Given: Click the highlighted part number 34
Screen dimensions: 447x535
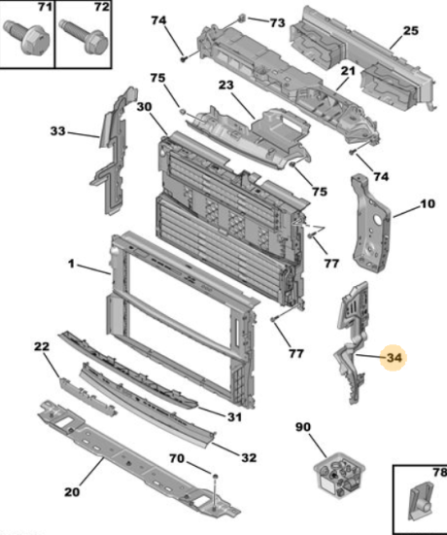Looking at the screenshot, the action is pyautogui.click(x=394, y=358).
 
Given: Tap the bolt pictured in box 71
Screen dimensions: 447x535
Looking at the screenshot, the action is pyautogui.click(x=26, y=37).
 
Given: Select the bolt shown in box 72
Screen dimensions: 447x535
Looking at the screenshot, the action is pyautogui.click(x=84, y=37).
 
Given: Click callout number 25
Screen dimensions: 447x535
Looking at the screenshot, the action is pyautogui.click(x=410, y=31).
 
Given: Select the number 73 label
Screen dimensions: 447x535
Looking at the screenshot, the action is pyautogui.click(x=277, y=23).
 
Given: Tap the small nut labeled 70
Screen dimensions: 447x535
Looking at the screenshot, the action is pyautogui.click(x=215, y=476).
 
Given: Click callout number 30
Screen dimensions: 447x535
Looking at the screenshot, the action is pyautogui.click(x=144, y=107).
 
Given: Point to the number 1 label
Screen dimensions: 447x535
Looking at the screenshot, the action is pyautogui.click(x=71, y=264).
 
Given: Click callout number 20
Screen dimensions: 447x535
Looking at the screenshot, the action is pyautogui.click(x=72, y=491).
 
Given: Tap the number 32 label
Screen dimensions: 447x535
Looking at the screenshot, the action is pyautogui.click(x=249, y=457).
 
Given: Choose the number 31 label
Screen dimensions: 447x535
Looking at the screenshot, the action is pyautogui.click(x=234, y=416).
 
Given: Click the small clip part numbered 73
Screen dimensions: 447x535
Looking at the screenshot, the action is pyautogui.click(x=242, y=18).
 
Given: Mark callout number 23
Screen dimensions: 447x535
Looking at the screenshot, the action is pyautogui.click(x=226, y=85).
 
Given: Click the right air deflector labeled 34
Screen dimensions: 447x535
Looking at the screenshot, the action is pyautogui.click(x=353, y=341).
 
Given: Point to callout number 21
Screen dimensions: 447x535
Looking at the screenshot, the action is pyautogui.click(x=348, y=71).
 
